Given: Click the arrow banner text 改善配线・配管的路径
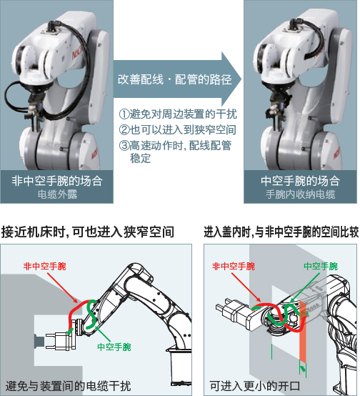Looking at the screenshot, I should (174, 79).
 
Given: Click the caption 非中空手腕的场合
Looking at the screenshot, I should (56, 181).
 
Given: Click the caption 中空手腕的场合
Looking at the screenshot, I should (299, 181).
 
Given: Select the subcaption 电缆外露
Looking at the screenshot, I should (56, 194).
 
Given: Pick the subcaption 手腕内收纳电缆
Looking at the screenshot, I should (299, 194).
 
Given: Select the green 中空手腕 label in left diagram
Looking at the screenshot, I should (114, 346).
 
